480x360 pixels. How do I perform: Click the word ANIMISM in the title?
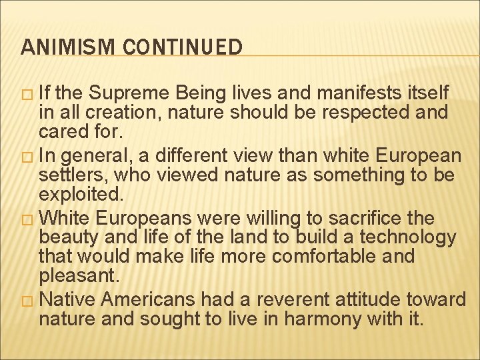[58, 47]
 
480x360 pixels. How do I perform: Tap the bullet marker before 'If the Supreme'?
[27, 93]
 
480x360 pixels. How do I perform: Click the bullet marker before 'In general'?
[27, 157]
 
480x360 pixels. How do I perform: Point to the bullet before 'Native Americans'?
[27, 301]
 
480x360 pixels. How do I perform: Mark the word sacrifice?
[363, 218]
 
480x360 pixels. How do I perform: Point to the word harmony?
[291, 319]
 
